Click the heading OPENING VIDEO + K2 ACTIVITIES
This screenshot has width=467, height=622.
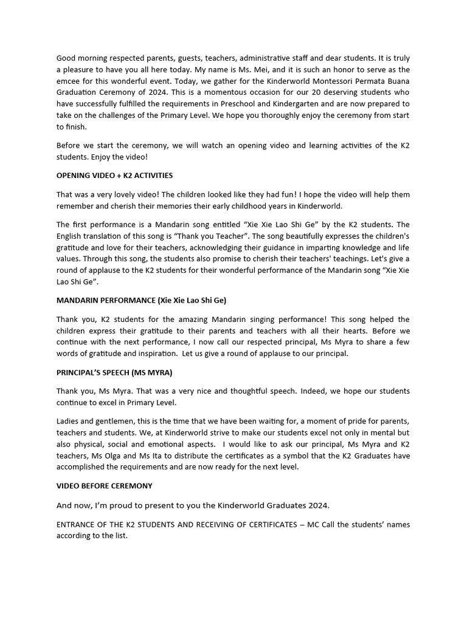click(x=114, y=176)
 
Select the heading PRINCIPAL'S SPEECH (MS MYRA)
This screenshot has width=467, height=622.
click(x=109, y=372)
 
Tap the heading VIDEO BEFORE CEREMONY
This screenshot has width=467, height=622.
click(x=105, y=486)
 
